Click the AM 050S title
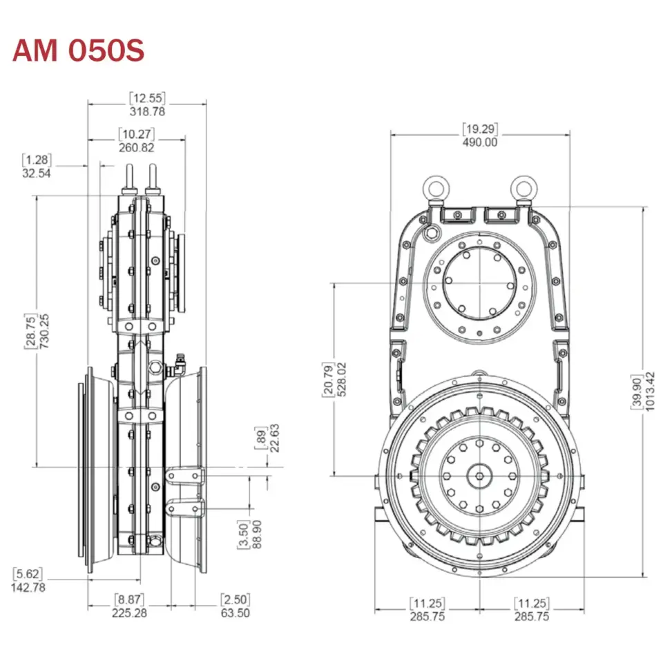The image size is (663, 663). coord(79,51)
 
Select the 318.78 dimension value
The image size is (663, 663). coord(147,110)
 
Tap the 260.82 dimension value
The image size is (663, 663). coord(136,147)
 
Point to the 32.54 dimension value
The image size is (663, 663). coord(37,173)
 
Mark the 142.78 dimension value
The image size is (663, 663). coord(28,587)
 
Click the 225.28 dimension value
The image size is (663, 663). coord(130,613)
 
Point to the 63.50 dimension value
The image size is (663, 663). coord(235,613)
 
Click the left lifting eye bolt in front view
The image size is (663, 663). coord(436,186)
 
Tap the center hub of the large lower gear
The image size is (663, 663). coord(479,475)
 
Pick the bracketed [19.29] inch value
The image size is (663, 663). coord(480,129)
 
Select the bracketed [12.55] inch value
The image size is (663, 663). coord(147,98)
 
